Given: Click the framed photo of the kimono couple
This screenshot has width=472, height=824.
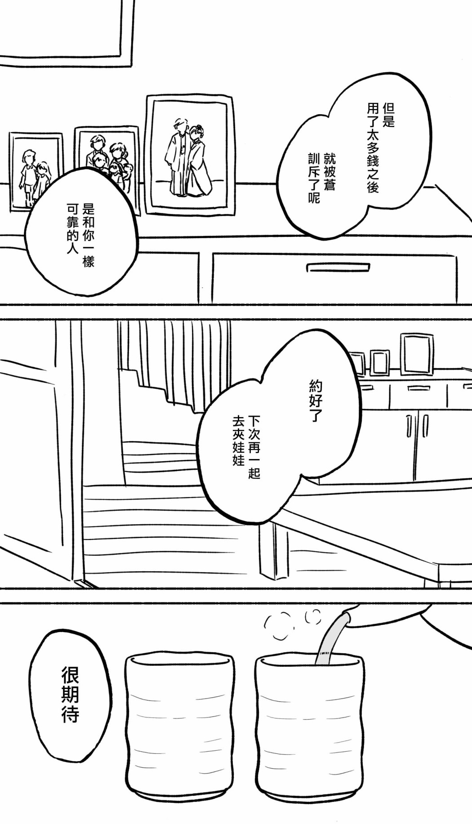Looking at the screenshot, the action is click(x=191, y=155).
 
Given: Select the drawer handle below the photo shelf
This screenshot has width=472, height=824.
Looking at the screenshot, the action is click(x=338, y=267).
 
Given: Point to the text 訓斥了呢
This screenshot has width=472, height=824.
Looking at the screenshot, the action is click(x=314, y=178).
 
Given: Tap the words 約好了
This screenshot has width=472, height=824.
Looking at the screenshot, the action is click(x=316, y=401).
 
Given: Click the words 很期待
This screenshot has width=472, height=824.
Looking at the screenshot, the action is click(x=70, y=695).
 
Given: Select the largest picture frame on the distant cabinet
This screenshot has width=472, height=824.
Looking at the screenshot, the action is click(x=417, y=354).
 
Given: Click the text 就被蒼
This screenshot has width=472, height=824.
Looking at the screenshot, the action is click(x=329, y=171).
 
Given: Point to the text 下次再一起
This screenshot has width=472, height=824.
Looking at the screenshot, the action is click(x=254, y=447).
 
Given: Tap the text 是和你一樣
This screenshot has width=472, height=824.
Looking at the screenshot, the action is click(x=89, y=235).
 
